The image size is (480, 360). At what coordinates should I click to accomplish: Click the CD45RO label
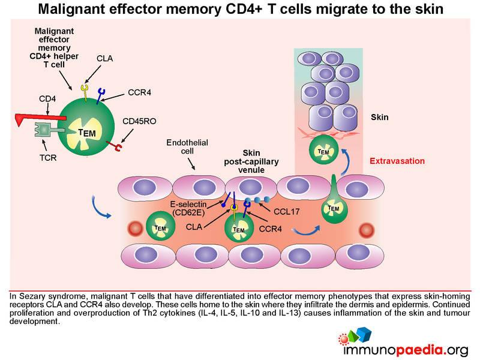point(139,121)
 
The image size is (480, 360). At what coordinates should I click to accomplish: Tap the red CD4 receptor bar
point(40,118)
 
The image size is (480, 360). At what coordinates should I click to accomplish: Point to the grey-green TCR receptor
point(50,130)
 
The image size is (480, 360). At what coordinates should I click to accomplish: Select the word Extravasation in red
point(397,161)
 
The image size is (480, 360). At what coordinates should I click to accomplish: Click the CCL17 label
point(287,212)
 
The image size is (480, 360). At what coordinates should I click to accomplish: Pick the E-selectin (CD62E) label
point(188,208)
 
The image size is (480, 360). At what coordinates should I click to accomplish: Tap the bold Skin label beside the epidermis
point(380,117)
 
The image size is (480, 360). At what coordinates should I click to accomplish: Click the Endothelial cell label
point(187,146)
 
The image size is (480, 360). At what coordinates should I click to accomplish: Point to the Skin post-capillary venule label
point(251,161)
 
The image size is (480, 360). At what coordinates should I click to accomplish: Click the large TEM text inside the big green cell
point(87,133)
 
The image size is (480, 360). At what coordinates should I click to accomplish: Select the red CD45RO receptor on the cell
point(114,146)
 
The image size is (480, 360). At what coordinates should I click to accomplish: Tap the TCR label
point(48,158)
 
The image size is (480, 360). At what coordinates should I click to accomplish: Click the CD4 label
point(47,99)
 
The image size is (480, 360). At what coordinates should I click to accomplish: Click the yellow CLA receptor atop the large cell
point(85,92)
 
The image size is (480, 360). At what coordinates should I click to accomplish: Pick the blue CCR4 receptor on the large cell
point(100,96)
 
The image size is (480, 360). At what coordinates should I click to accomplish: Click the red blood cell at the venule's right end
point(367,230)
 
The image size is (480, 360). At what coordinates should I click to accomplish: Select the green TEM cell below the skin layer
point(323,151)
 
